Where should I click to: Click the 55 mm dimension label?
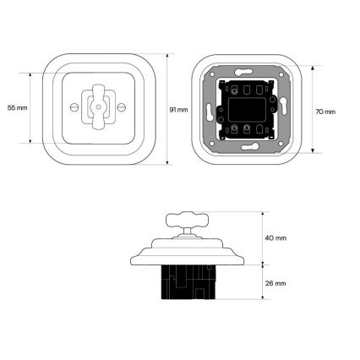[18, 107]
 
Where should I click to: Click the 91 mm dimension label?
[178, 110]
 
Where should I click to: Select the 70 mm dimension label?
[325, 112]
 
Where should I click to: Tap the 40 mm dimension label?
[275, 238]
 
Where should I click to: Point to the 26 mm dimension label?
[275, 283]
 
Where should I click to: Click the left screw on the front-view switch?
[74, 107]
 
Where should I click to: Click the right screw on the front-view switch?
[122, 107]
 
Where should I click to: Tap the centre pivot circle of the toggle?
[98, 107]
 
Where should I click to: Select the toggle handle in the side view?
[187, 220]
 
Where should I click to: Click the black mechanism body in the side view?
[188, 282]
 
